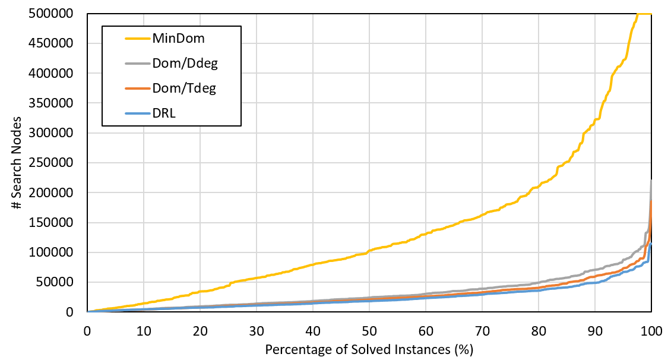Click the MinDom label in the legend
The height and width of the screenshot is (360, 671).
pos(178,39)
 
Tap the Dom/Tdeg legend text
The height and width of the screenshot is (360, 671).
pos(184,89)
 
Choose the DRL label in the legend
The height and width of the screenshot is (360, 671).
pos(164,113)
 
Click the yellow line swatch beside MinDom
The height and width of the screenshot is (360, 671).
pos(137,39)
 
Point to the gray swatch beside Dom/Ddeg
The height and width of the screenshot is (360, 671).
pos(137,64)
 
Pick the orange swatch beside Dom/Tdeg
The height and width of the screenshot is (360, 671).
pos(137,89)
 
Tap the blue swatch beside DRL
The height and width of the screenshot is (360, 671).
pos(137,113)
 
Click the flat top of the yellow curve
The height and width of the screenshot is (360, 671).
pos(644,13)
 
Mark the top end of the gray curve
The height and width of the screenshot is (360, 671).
pos(651,181)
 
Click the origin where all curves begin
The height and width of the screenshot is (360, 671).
pos(88,311)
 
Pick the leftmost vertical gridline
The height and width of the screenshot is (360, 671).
pos(144,178)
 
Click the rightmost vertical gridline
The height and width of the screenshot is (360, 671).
pos(595,178)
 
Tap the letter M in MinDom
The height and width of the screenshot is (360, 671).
pos(159,39)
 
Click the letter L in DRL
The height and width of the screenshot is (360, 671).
pos(172,113)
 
